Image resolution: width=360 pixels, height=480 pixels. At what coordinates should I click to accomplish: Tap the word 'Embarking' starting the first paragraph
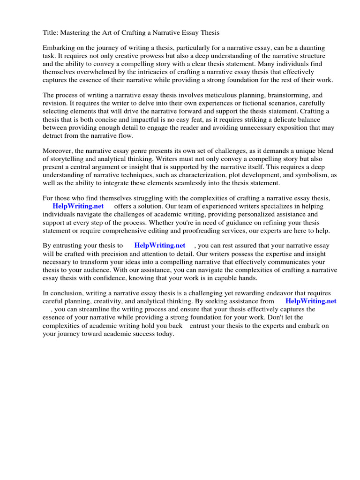tap(59, 48)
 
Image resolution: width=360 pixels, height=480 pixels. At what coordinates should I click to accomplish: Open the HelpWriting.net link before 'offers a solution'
tap(78, 206)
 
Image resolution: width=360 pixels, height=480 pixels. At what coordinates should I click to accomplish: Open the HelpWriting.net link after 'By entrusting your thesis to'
tap(160, 245)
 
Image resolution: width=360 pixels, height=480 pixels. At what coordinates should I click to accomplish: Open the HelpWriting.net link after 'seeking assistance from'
tap(311, 301)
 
